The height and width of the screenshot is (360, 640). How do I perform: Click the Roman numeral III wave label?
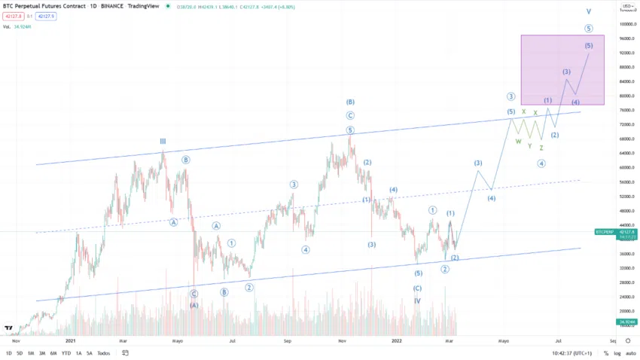162,141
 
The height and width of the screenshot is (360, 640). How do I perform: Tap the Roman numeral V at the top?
589,12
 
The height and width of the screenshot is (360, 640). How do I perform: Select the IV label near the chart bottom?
417,301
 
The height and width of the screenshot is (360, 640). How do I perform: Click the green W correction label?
518,141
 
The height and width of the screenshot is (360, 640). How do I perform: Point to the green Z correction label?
541,148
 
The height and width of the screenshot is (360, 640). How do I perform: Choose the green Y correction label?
529,146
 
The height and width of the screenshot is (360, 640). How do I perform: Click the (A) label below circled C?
194,305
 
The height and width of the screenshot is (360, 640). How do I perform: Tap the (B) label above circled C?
350,102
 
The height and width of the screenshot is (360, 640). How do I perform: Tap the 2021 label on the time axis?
71,340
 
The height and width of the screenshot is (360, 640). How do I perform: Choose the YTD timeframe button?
66,352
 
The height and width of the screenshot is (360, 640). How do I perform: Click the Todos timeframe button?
103,352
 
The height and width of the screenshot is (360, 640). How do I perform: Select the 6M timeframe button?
53,352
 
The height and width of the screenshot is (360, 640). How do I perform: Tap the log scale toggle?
617,352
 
